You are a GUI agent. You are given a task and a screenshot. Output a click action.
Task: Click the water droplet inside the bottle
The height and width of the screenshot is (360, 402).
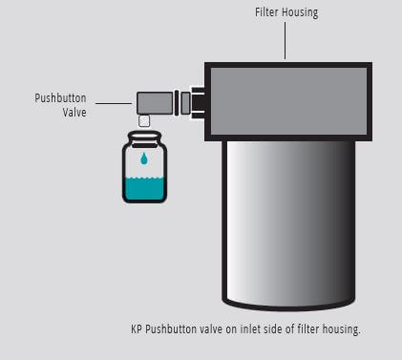[x=143, y=158]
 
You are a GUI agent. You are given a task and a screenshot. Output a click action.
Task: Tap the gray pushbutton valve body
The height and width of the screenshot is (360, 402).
[x=153, y=101]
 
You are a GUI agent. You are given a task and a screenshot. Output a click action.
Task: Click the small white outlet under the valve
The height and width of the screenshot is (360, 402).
[x=144, y=120]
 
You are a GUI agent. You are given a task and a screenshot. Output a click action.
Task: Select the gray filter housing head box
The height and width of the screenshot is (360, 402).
[x=287, y=101]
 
